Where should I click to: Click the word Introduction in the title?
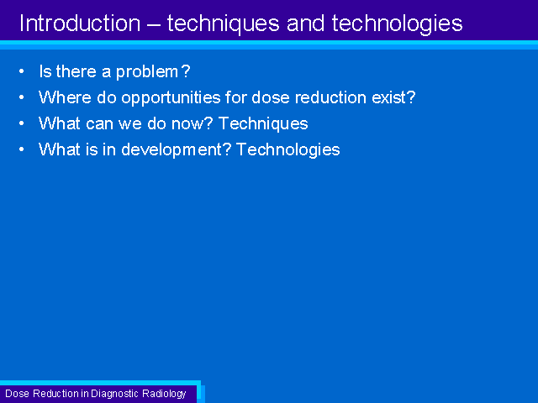click(x=80, y=24)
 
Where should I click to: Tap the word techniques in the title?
click(x=223, y=24)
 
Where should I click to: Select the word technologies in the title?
click(x=397, y=24)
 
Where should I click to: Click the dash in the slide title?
click(x=154, y=24)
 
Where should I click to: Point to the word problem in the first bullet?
click(x=147, y=72)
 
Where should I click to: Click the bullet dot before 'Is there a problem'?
click(x=22, y=71)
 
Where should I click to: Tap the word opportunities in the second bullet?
click(x=171, y=98)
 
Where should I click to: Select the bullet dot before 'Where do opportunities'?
click(x=22, y=97)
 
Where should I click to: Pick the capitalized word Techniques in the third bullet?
click(x=263, y=123)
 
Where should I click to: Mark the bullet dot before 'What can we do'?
click(x=22, y=123)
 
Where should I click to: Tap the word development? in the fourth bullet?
click(x=177, y=149)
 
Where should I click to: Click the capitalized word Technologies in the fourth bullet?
click(x=288, y=149)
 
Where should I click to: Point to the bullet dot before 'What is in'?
click(x=22, y=149)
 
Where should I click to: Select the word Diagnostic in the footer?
click(x=114, y=394)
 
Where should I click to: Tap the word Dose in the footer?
click(x=17, y=394)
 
